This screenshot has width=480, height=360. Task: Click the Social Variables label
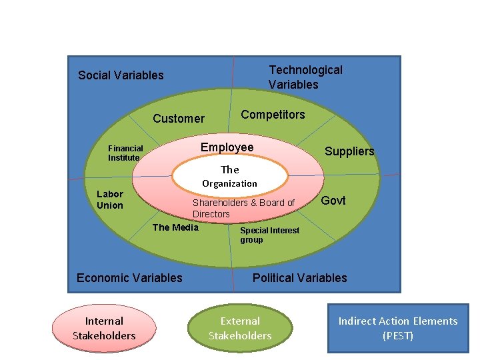click(x=121, y=75)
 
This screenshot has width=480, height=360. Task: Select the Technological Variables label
click(x=305, y=77)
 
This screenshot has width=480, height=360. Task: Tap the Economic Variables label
click(x=129, y=278)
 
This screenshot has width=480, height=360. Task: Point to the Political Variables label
click(x=299, y=278)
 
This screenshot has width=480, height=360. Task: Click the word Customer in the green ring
click(x=179, y=119)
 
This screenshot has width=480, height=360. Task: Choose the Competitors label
click(x=273, y=115)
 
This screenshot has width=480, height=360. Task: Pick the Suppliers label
click(x=349, y=151)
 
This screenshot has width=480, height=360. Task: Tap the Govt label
click(x=333, y=201)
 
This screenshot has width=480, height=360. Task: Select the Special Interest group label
click(x=269, y=235)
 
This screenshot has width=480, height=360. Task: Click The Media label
click(x=176, y=227)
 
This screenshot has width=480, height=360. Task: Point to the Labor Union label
click(x=110, y=199)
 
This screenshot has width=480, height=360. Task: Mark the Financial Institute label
click(x=125, y=153)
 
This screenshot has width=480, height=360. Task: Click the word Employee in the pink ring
click(x=227, y=147)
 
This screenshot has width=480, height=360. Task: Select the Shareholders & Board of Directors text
click(x=243, y=208)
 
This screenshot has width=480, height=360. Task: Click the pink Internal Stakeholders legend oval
click(x=104, y=329)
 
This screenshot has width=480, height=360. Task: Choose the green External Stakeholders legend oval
click(x=240, y=329)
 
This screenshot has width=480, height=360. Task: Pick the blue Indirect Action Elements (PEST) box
click(x=398, y=329)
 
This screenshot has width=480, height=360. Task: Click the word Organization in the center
click(x=229, y=183)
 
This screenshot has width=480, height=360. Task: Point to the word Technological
click(x=305, y=70)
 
